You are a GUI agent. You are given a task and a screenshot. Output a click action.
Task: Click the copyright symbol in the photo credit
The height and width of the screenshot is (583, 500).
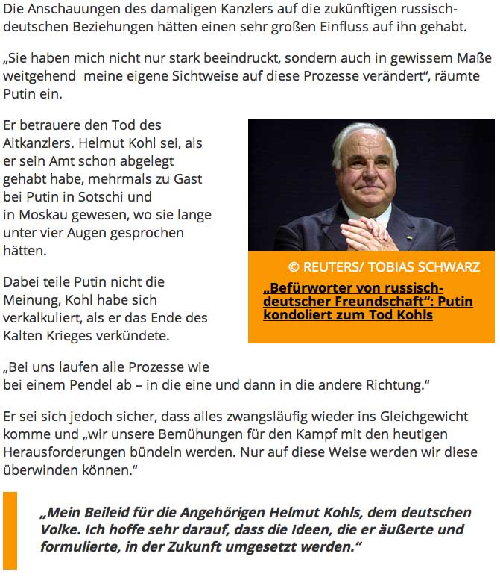click(294, 267)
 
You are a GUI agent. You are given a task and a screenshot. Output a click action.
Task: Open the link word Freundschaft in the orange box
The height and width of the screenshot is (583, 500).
click(390, 302)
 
